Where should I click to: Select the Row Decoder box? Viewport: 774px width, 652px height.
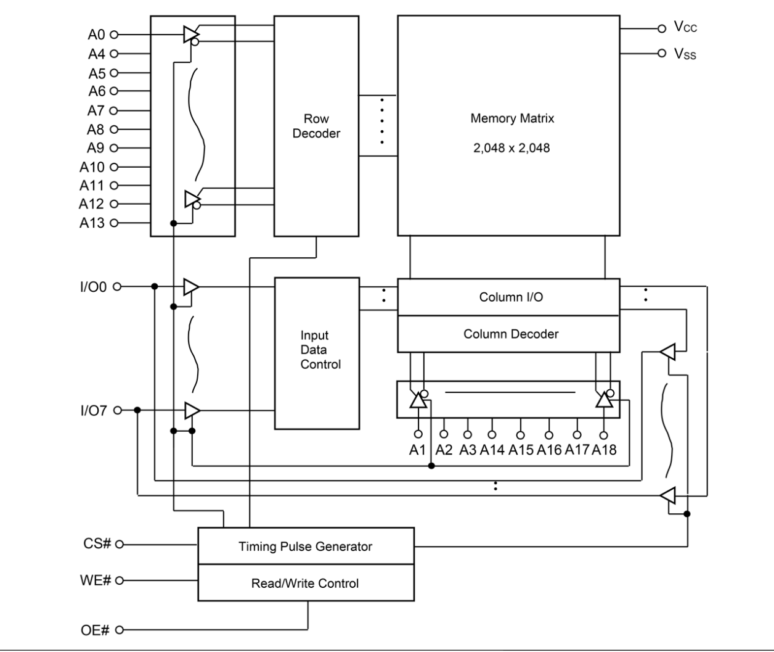(316, 126)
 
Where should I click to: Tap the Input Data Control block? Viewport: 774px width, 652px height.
(316, 353)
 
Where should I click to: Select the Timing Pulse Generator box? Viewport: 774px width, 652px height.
(306, 547)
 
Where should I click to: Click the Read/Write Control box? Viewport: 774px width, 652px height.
(306, 584)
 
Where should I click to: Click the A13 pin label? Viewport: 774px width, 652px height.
(92, 223)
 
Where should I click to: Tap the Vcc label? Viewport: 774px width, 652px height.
(685, 27)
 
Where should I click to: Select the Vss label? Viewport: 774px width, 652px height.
(685, 54)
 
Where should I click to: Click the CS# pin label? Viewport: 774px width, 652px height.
(97, 544)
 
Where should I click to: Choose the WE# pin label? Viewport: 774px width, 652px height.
(96, 580)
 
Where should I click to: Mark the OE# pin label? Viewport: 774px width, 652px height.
(96, 630)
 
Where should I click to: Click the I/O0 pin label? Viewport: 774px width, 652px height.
(93, 287)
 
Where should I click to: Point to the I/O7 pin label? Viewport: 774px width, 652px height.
(93, 410)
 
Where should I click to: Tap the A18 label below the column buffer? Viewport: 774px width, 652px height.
(604, 450)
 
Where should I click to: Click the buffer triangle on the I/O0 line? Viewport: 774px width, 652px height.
(191, 287)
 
